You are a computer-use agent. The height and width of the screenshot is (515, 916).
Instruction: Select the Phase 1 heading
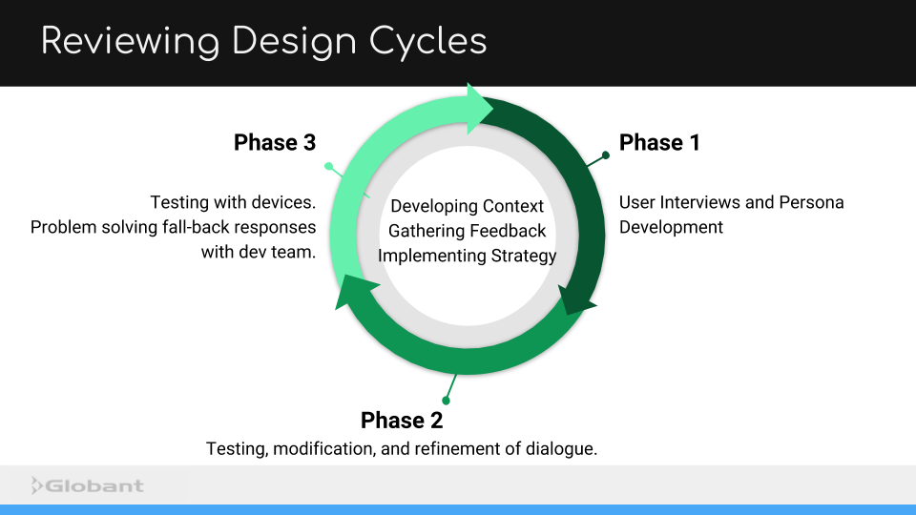pos(659,143)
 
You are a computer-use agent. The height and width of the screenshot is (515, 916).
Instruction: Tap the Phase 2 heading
pos(402,421)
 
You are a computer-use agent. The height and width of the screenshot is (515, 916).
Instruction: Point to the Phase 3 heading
pos(275,143)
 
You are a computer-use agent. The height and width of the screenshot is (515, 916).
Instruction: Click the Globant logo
pos(88,486)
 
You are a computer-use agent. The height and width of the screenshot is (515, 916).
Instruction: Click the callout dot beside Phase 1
pos(605,154)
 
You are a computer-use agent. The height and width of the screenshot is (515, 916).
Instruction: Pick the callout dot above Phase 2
pos(446,401)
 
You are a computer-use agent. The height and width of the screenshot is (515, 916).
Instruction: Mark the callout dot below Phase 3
pos(329,167)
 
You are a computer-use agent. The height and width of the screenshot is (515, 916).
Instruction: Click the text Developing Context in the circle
pos(468,206)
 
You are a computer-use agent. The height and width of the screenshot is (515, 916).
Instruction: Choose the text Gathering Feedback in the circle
pos(468,231)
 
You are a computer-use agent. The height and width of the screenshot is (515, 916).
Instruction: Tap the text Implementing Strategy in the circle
pos(468,256)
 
